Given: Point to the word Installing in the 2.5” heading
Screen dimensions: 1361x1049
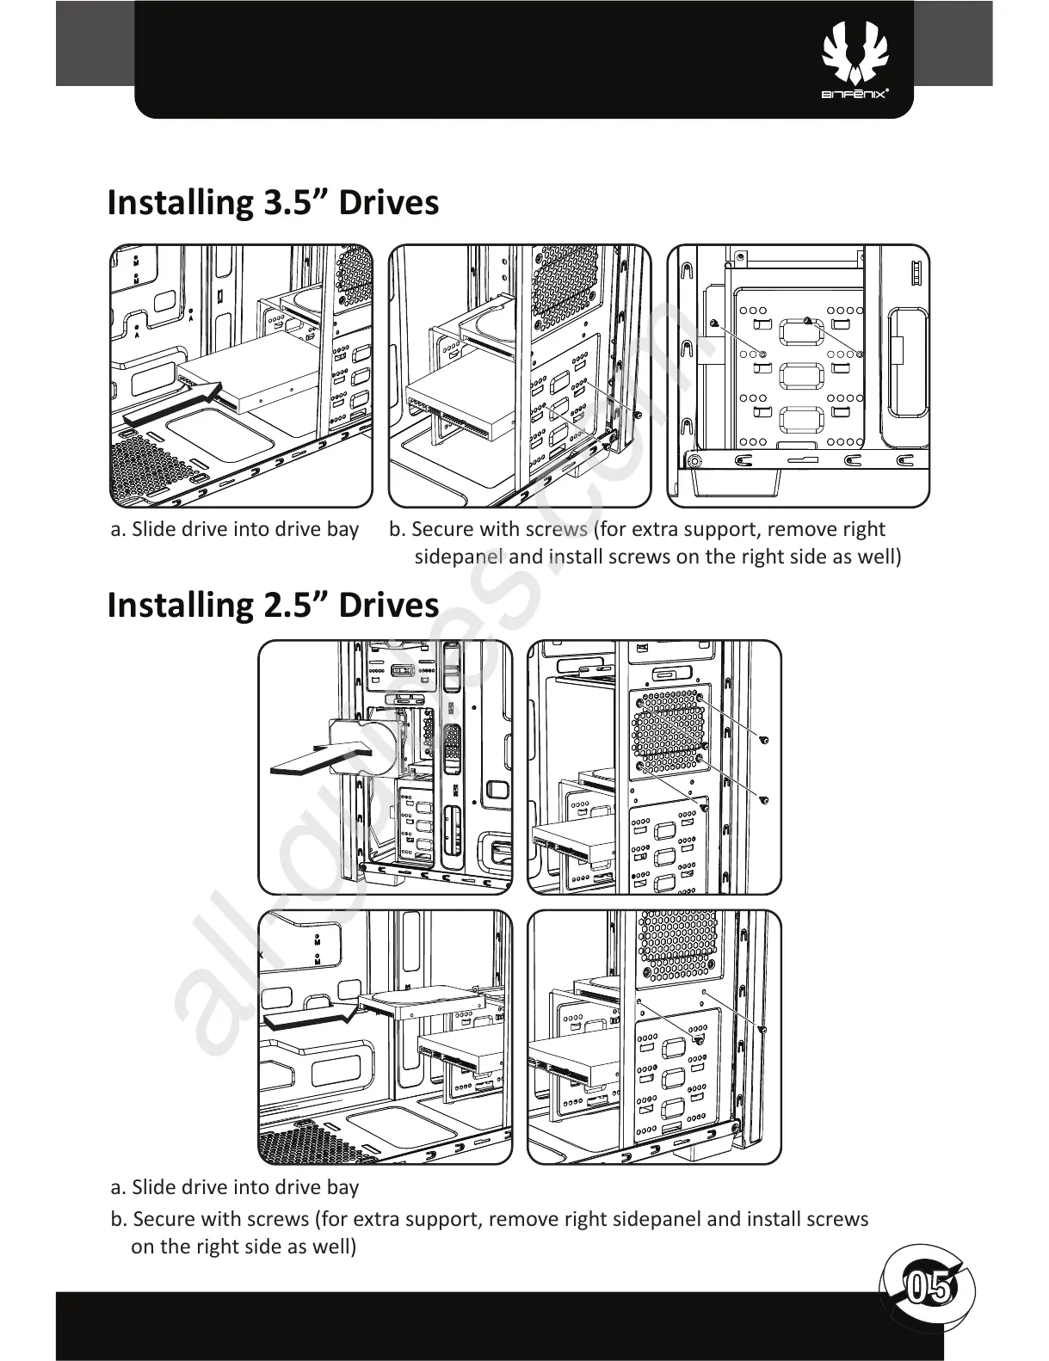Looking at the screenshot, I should [x=177, y=605].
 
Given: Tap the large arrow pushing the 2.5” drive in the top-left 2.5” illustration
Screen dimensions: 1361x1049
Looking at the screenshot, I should [x=319, y=757].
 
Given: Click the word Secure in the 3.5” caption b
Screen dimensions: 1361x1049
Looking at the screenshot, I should [x=442, y=529].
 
